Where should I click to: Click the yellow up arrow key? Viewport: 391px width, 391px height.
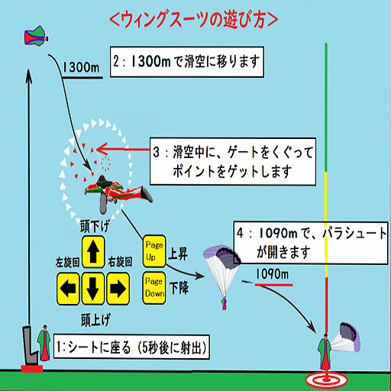[x=93, y=252]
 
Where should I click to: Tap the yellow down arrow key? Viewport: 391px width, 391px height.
[x=93, y=289]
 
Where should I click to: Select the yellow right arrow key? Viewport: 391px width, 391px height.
[x=118, y=289]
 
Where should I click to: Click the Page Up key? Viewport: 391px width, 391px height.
[x=154, y=251]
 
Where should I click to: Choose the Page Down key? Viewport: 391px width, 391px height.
[x=154, y=288]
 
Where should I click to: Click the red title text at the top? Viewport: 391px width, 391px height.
[x=194, y=20]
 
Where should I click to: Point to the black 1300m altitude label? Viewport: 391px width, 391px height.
[x=81, y=67]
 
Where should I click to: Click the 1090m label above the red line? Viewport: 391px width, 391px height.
[x=272, y=274]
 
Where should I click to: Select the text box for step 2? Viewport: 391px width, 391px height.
[x=187, y=62]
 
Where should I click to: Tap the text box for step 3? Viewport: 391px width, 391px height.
[x=233, y=161]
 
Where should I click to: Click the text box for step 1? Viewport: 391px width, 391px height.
[x=131, y=347]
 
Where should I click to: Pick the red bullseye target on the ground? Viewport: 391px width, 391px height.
[x=326, y=380]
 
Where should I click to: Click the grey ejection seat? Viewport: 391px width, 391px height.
[x=30, y=346]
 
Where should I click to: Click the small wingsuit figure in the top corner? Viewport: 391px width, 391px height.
[x=36, y=35]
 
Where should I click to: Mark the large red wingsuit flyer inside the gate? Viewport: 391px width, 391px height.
[x=118, y=193]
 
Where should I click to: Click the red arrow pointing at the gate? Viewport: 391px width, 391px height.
[x=123, y=149]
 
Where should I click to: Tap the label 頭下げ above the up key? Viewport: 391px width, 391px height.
[x=95, y=226]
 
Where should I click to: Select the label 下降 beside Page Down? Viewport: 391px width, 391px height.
[x=179, y=289]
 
